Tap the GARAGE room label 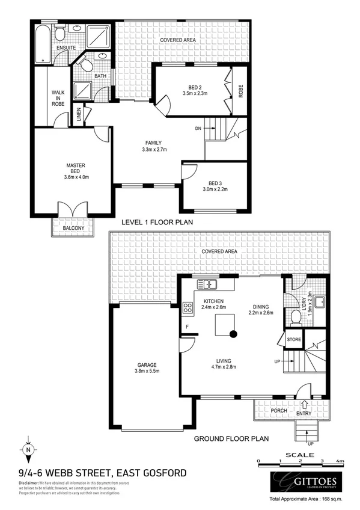click(x=147, y=361)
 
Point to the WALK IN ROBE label click(x=58, y=98)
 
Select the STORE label click(x=293, y=340)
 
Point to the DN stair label click(x=198, y=128)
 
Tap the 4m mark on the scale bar click(x=340, y=462)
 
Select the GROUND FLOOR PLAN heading click(x=231, y=439)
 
